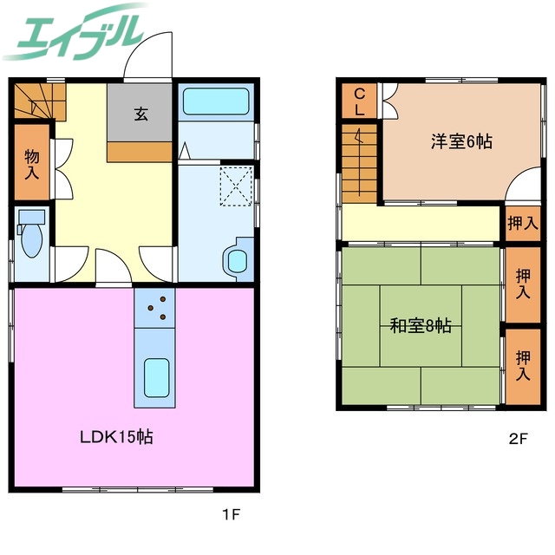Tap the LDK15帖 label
[117, 437]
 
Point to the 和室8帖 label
[419, 327]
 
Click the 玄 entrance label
[140, 112]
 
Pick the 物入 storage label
[31, 165]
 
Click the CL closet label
[359, 102]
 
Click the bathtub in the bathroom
[216, 102]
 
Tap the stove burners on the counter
[155, 309]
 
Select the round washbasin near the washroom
[235, 260]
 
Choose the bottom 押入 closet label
[523, 365]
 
